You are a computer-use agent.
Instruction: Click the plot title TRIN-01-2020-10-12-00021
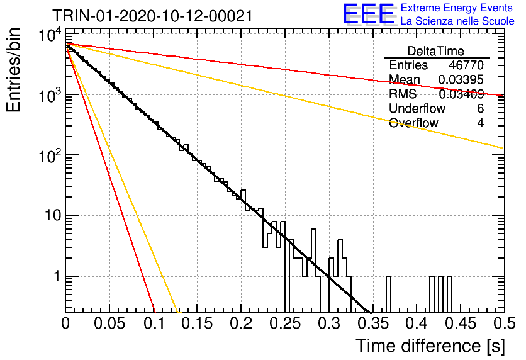(x=152, y=16)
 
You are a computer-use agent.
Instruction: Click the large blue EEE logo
(x=368, y=14)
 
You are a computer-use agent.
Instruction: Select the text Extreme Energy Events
(x=457, y=8)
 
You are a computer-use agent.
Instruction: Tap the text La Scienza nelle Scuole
(x=457, y=21)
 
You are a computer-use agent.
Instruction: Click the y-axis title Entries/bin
(x=13, y=70)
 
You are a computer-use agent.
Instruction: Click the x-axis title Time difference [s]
(x=430, y=346)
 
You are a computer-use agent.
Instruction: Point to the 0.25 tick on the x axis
(x=285, y=323)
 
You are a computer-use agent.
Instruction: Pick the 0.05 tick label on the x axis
(x=109, y=323)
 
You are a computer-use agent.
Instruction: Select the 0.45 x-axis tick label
(x=461, y=323)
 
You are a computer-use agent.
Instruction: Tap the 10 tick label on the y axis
(x=53, y=215)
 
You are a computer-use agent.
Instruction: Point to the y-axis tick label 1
(x=57, y=276)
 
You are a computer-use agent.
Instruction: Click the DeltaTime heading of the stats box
(x=436, y=51)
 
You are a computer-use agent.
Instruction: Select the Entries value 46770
(x=466, y=65)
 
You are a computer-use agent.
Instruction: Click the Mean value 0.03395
(x=461, y=80)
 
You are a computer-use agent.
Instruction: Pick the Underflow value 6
(x=480, y=108)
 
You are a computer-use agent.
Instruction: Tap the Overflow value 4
(x=480, y=123)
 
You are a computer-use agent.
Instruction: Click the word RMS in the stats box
(x=403, y=94)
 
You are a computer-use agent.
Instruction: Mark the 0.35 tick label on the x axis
(x=373, y=323)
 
